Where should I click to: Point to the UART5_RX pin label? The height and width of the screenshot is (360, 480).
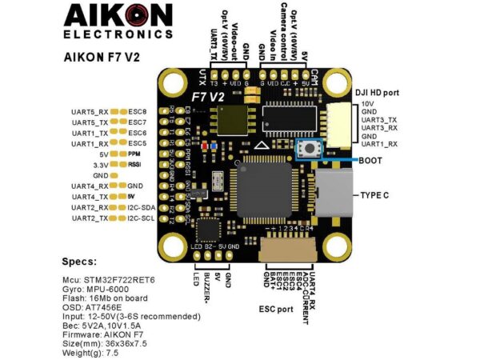pos(90,111)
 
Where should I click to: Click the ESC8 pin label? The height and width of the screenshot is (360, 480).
pos(137,111)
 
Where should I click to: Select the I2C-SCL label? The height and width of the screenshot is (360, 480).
pos(142,218)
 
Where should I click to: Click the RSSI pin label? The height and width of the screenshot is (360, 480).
pos(134,164)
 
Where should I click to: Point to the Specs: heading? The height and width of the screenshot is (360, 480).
pos(78,261)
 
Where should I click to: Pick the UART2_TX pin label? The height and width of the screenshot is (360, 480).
pos(90,218)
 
